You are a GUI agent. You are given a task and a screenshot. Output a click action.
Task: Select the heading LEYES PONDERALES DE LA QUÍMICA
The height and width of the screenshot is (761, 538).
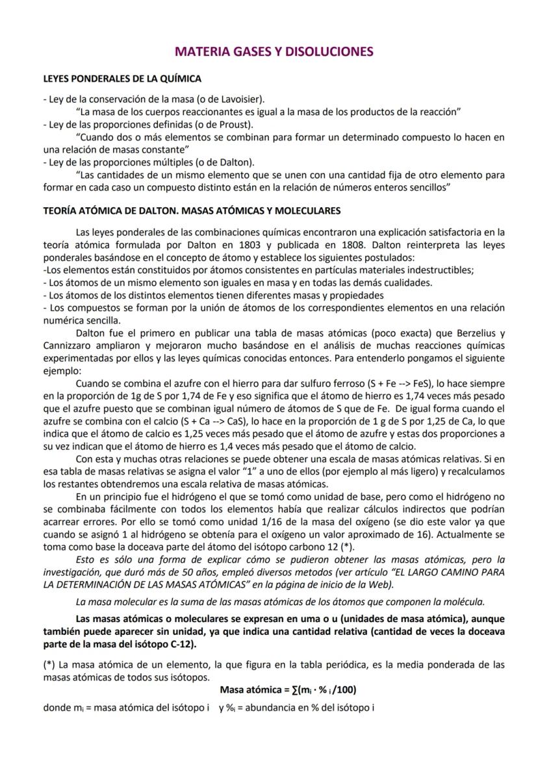coord(122,79)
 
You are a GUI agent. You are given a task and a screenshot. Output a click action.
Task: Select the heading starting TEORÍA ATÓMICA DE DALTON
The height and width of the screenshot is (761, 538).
coord(192,211)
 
